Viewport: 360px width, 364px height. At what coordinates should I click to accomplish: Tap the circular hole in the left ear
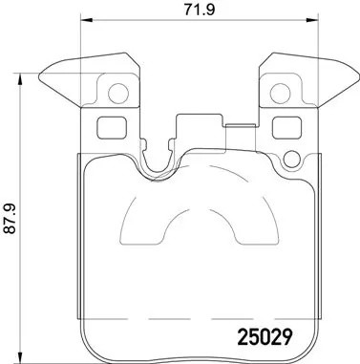click(x=118, y=93)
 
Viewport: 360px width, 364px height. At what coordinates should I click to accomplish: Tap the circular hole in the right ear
click(x=282, y=93)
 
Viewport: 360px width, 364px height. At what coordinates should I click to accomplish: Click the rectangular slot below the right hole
click(x=285, y=127)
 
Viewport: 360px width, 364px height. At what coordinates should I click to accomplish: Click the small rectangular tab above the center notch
click(x=200, y=119)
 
